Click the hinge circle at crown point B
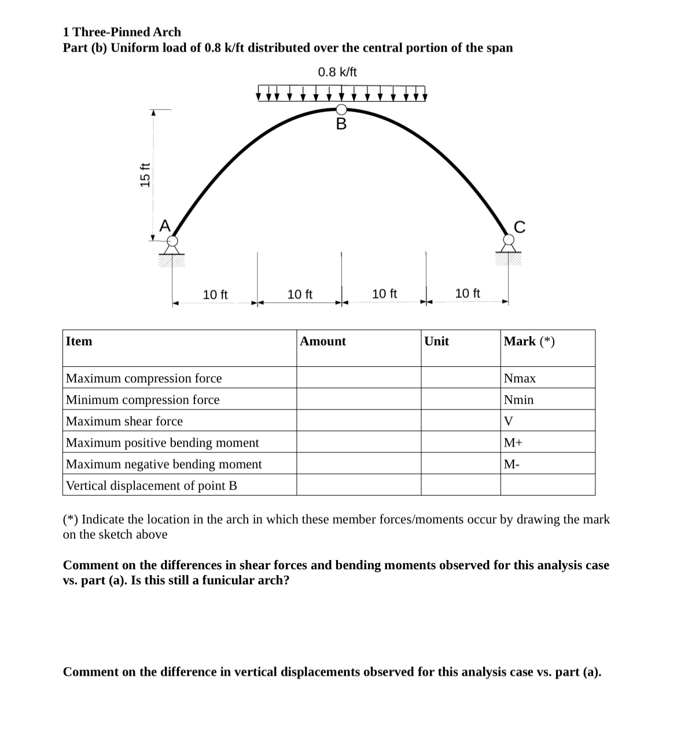pos(341,109)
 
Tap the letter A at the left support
pos(165,226)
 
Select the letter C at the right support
pos(520,227)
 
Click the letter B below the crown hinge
pos(341,124)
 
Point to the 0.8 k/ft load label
pos(337,72)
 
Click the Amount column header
pos(323,341)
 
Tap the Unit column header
pos(436,341)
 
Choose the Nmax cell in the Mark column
pos(520,378)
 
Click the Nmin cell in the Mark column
pos(518,400)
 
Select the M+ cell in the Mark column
pos(513,443)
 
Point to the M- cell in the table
pos(512,464)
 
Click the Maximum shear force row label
pos(124,421)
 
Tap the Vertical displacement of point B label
pos(152,485)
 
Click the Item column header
pos(79,341)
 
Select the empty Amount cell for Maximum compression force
pos(359,378)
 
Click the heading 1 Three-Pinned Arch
pos(122,32)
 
